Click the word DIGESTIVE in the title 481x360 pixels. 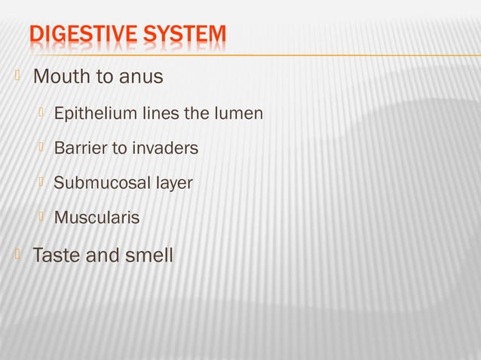[82, 35]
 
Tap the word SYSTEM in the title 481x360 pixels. [181, 35]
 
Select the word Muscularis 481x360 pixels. [97, 218]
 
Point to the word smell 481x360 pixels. [148, 255]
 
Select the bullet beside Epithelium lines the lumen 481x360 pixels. [43, 113]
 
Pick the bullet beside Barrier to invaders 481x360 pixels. [43, 147]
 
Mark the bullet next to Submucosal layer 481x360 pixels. [43, 182]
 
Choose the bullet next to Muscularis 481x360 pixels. [43, 216]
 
